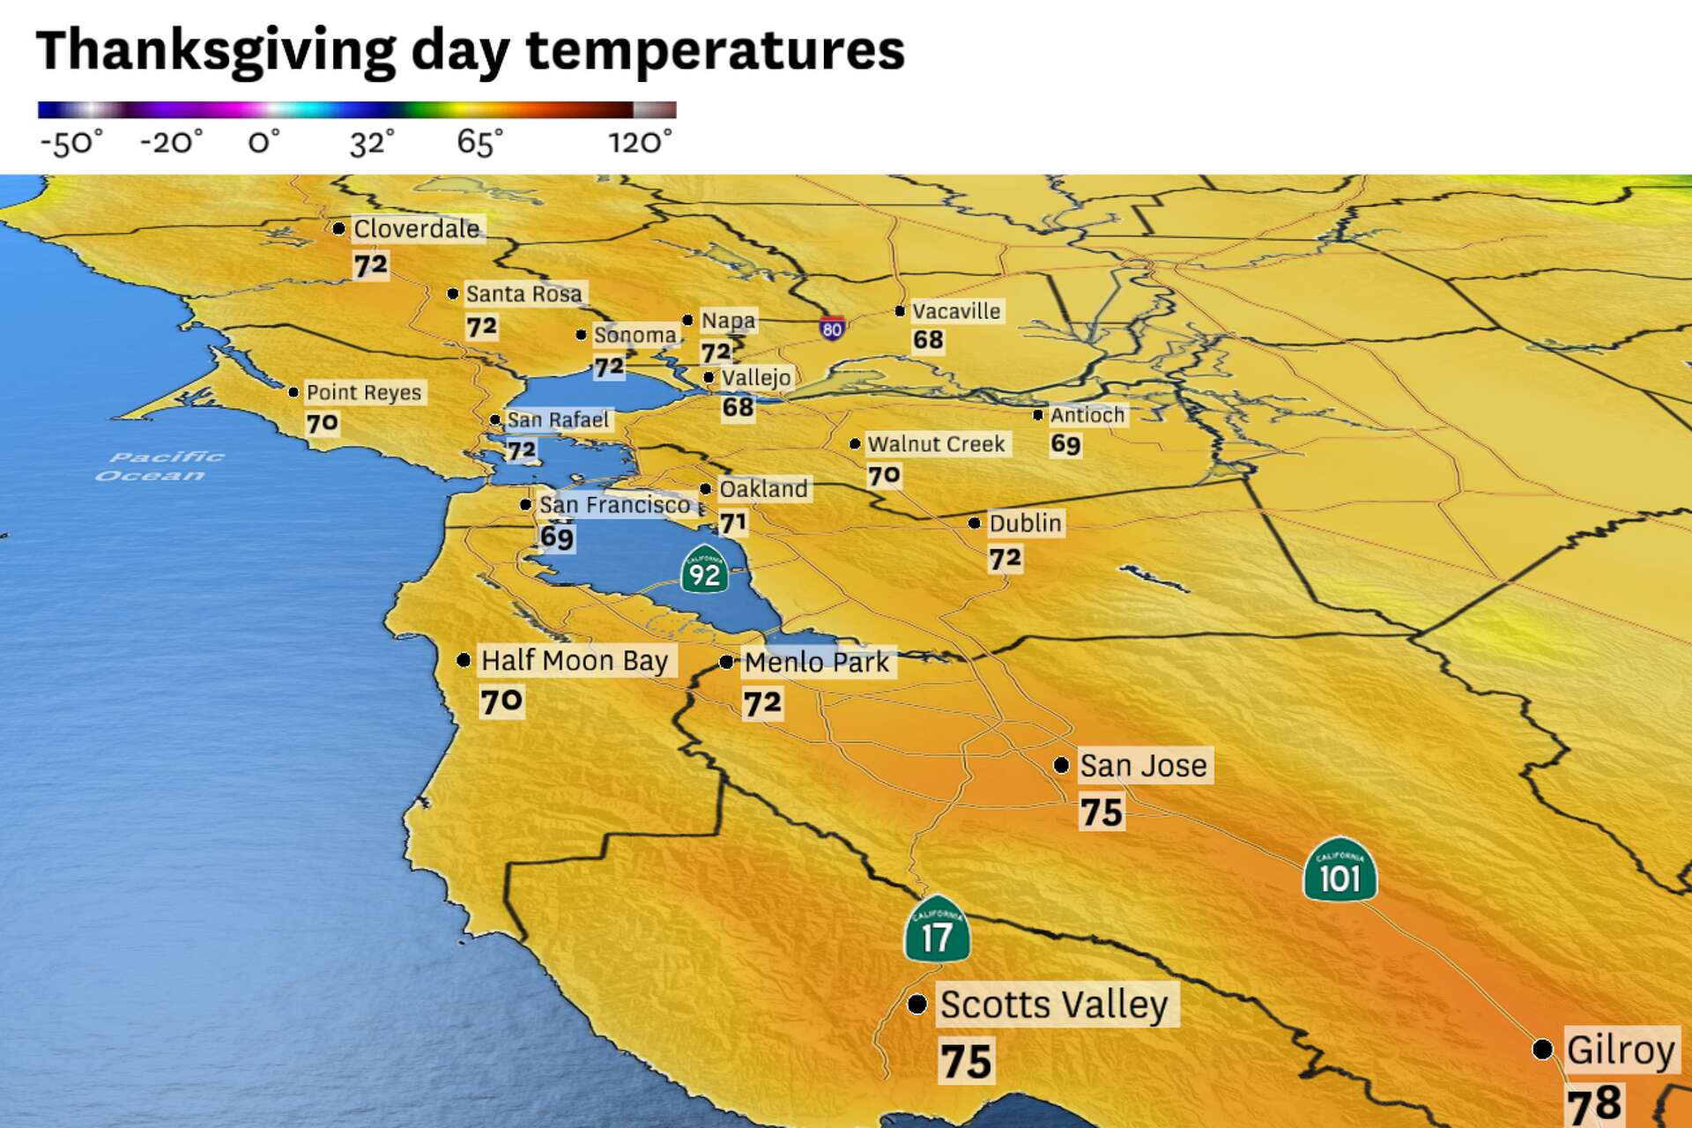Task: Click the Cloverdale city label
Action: pos(417,229)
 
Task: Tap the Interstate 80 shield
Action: pos(832,329)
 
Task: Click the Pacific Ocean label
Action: pos(160,466)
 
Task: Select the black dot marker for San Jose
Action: pos(1062,765)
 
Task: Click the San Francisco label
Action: pos(614,505)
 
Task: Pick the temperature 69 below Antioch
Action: pos(1065,444)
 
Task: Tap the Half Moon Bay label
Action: pos(575,661)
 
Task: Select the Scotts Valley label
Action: pos(1054,1005)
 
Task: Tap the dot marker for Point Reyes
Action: pos(293,392)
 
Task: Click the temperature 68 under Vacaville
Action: pos(928,340)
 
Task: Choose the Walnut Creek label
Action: pos(936,444)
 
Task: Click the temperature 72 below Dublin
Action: pos(1005,559)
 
